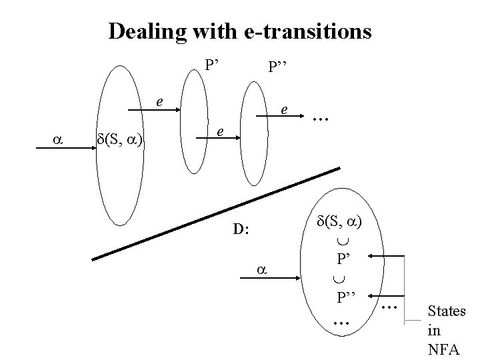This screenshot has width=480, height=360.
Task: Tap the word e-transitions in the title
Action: [309, 32]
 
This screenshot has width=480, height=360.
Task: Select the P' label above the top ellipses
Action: [213, 65]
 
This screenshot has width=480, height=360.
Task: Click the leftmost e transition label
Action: [159, 102]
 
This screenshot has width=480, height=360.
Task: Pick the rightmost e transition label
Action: [285, 108]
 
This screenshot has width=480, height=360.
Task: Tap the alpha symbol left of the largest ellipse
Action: [56, 139]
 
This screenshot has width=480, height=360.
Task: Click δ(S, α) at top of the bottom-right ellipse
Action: [340, 221]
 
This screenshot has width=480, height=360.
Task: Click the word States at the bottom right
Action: [446, 311]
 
